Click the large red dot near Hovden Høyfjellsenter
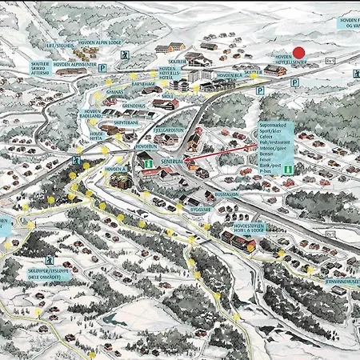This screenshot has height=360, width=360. pos(298,52)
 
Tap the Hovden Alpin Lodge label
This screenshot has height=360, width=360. pos(100,43)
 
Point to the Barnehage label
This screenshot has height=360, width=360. pos(144,83)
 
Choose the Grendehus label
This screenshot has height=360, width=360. pos(134,105)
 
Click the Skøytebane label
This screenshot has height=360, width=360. pos(126,123)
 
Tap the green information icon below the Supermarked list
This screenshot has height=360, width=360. pos(286,170)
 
